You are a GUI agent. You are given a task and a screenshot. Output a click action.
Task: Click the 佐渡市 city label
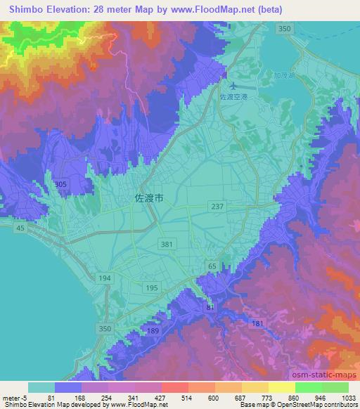click(150, 199)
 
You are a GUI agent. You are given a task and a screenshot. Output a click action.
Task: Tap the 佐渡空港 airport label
click(231, 98)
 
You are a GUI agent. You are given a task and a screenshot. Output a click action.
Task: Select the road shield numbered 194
click(105, 279)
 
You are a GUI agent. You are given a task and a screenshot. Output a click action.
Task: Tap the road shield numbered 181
click(257, 323)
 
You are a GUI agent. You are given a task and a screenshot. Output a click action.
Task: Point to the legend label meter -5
click(17, 397)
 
